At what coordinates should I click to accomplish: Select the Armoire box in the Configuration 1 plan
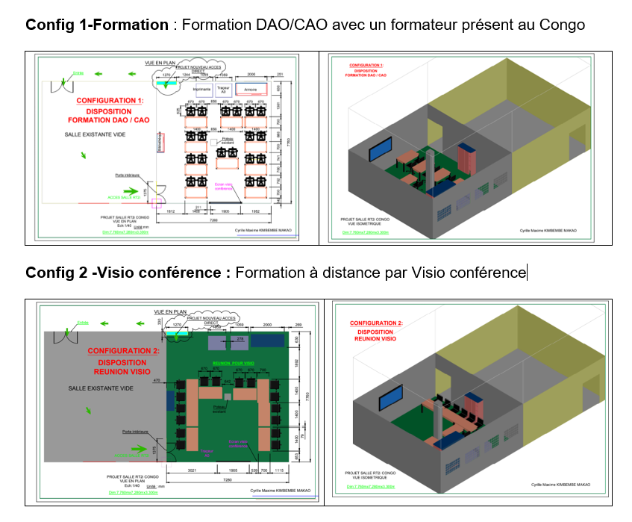(x=251, y=89)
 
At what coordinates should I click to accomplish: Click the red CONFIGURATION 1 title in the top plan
(x=109, y=100)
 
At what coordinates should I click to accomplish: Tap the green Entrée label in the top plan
(x=78, y=74)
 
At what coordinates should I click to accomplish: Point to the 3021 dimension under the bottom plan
(x=191, y=471)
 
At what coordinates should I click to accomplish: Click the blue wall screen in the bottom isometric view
(x=392, y=398)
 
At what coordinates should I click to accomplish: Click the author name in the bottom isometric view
(x=560, y=484)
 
